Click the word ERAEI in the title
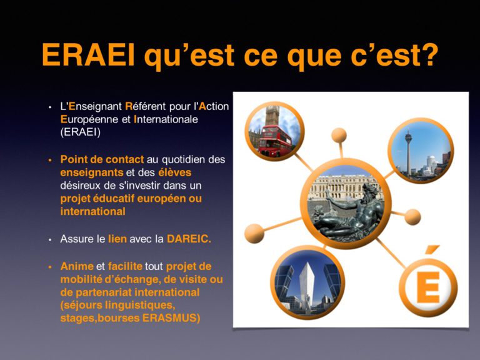[x=88, y=54]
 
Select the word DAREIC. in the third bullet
[x=189, y=239]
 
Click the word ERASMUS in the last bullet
[x=171, y=317]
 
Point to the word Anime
[x=77, y=266]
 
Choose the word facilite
[x=125, y=266]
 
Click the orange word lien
[x=117, y=239]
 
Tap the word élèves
[x=174, y=172]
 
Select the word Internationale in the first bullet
[x=166, y=119]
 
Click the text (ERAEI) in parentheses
[x=81, y=132]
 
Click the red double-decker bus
[x=274, y=141]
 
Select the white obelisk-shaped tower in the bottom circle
[x=307, y=287]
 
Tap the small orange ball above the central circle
[x=339, y=135]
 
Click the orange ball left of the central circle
[x=254, y=234]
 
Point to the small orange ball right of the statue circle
[x=412, y=217]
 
